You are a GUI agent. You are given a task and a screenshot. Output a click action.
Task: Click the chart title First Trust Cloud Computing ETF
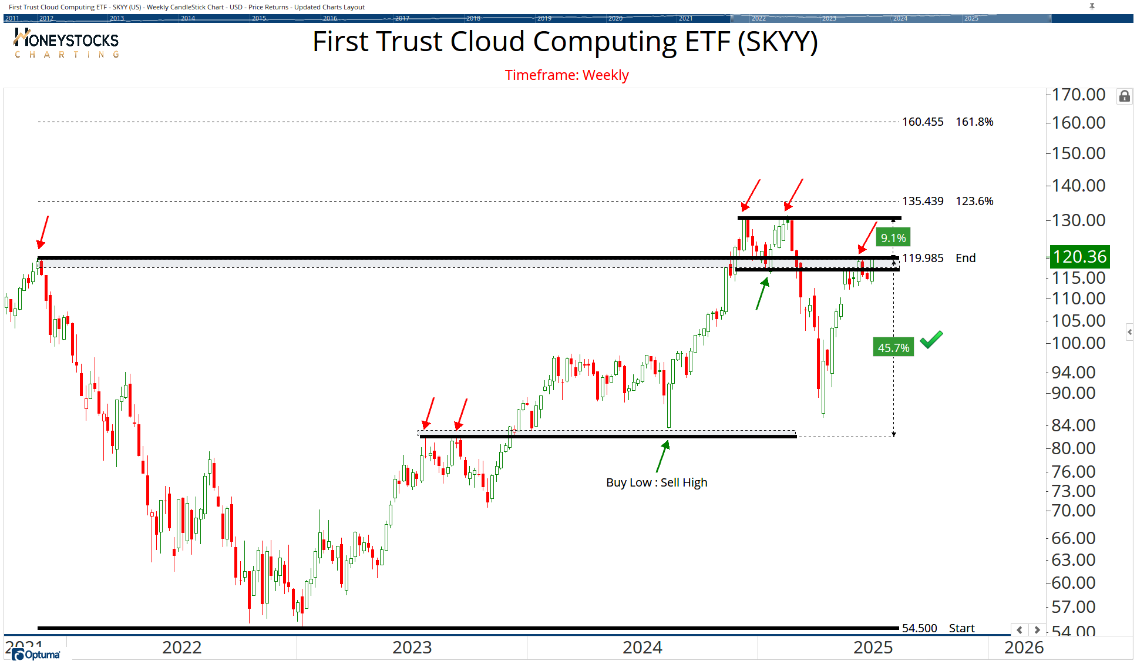[x=565, y=42]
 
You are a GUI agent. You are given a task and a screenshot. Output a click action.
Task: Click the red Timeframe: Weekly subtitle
[x=567, y=75]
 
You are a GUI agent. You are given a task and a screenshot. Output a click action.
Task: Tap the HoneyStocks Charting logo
[x=66, y=43]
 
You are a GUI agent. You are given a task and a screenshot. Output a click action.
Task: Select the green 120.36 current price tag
[x=1079, y=257]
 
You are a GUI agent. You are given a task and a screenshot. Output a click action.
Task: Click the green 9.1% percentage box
[x=893, y=238]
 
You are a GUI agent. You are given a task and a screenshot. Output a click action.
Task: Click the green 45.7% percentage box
[x=893, y=348]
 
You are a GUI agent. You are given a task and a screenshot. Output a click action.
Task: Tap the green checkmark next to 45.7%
[x=931, y=340]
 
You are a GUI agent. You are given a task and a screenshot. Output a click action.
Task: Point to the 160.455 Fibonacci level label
[x=923, y=122]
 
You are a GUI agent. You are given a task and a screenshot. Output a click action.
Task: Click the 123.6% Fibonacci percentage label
[x=974, y=201]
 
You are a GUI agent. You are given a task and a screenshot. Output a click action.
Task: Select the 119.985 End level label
[x=923, y=258]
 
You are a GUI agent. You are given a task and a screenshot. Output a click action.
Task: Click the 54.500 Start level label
[x=919, y=628]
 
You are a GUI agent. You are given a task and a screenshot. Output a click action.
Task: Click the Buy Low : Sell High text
[x=657, y=482]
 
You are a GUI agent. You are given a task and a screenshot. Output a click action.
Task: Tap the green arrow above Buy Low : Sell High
[x=662, y=457]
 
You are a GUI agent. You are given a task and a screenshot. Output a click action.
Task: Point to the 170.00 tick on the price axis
[x=1078, y=95]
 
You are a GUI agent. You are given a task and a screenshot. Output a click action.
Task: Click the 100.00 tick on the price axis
[x=1078, y=343]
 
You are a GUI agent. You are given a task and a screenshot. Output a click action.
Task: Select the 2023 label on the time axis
[x=412, y=648]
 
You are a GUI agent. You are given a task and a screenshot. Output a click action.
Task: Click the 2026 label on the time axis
[x=1024, y=648]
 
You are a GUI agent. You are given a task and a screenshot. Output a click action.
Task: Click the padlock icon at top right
[x=1124, y=96]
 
